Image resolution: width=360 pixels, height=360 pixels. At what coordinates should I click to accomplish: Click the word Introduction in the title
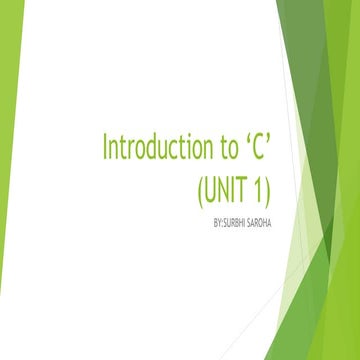pyautogui.click(x=155, y=147)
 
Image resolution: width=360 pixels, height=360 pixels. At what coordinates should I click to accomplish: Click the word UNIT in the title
pyautogui.click(x=228, y=187)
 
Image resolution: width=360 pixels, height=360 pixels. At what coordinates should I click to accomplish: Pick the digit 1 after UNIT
pyautogui.click(x=260, y=187)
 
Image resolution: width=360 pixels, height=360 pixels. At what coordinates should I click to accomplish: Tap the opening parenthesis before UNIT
pyautogui.click(x=202, y=188)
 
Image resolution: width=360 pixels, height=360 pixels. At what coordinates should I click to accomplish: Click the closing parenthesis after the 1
pyautogui.click(x=271, y=188)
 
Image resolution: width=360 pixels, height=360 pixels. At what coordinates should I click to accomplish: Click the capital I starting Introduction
pyautogui.click(x=106, y=147)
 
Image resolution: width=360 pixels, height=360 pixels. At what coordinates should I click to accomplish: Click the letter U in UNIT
pyautogui.click(x=214, y=187)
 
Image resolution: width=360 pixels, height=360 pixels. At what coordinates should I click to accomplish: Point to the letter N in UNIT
pyautogui.click(x=227, y=187)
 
